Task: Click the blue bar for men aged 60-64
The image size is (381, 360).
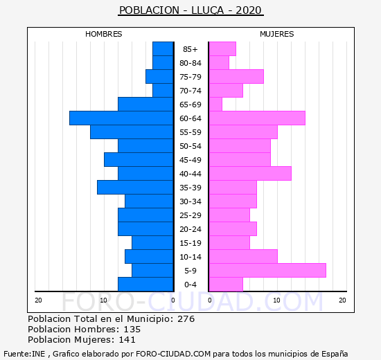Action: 121,118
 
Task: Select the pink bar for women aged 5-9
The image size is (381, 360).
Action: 267,271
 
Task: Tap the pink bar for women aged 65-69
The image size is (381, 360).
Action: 215,105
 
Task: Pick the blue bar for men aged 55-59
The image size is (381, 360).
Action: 132,132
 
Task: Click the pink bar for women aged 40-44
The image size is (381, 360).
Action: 250,174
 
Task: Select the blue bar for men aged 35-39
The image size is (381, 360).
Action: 135,188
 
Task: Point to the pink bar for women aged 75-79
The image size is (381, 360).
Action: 236,77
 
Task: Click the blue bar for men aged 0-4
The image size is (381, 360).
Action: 145,285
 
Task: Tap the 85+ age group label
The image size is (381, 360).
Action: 190,49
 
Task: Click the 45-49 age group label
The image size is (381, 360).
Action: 190,160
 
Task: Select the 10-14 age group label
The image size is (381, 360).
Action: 190,257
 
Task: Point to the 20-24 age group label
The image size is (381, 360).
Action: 190,229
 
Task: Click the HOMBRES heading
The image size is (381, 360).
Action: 104,34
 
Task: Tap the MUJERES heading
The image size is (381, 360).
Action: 277,34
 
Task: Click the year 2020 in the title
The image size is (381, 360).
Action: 248,10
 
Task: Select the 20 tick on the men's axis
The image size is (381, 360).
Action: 38,300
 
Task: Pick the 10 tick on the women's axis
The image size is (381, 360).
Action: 276,300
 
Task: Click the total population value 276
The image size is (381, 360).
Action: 186,319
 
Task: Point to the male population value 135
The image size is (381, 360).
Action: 132,330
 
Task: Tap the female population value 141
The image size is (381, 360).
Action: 127,340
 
